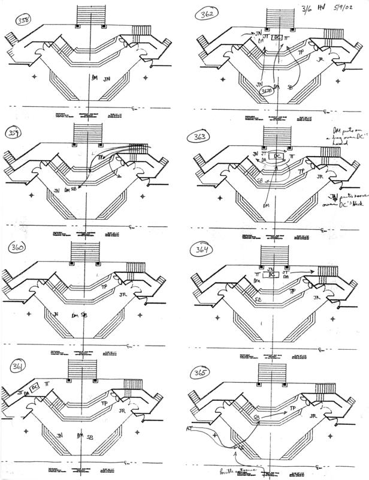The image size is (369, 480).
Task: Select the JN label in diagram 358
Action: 107,79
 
